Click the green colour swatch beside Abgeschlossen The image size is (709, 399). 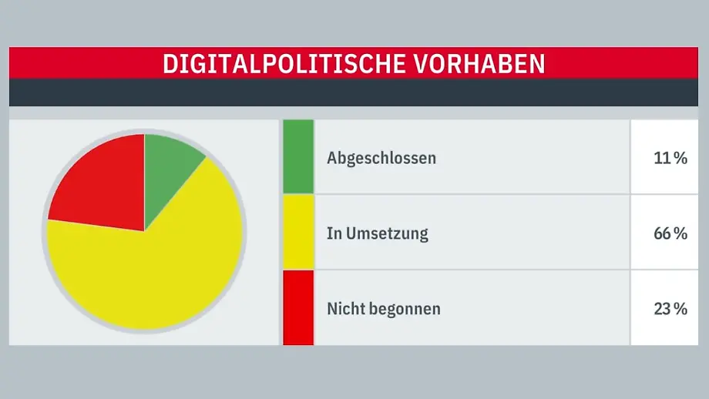tap(298, 156)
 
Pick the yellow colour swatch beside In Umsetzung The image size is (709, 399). tap(298, 232)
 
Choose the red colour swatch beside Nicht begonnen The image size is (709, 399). tap(298, 307)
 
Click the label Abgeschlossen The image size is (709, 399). tap(381, 158)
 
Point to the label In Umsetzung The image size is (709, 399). tap(378, 233)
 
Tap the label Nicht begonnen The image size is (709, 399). tap(384, 309)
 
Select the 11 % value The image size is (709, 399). tap(669, 158)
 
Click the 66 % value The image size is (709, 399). tap(669, 233)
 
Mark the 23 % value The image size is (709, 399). tap(669, 309)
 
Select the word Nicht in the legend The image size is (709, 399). tap(344, 309)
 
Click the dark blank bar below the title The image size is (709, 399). tap(354, 92)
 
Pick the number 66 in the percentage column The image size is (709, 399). tap(663, 233)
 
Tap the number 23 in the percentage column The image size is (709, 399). tap(663, 309)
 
